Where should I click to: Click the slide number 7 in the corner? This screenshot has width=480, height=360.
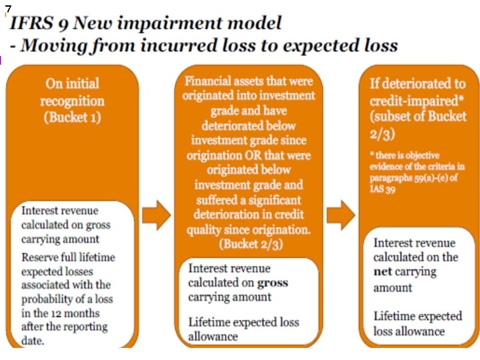tap(8, 7)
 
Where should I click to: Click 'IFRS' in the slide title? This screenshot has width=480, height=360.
tap(29, 25)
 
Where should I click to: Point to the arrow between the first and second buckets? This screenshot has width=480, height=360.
tap(158, 215)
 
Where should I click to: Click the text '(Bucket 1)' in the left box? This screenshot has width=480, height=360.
tap(71, 117)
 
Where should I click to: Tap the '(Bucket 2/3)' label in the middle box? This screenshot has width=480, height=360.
tap(245, 244)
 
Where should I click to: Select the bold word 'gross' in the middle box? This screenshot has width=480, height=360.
tap(273, 282)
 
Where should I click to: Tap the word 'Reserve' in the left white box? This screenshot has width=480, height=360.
tap(41, 257)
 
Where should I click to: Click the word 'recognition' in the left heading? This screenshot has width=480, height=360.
tap(72, 101)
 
